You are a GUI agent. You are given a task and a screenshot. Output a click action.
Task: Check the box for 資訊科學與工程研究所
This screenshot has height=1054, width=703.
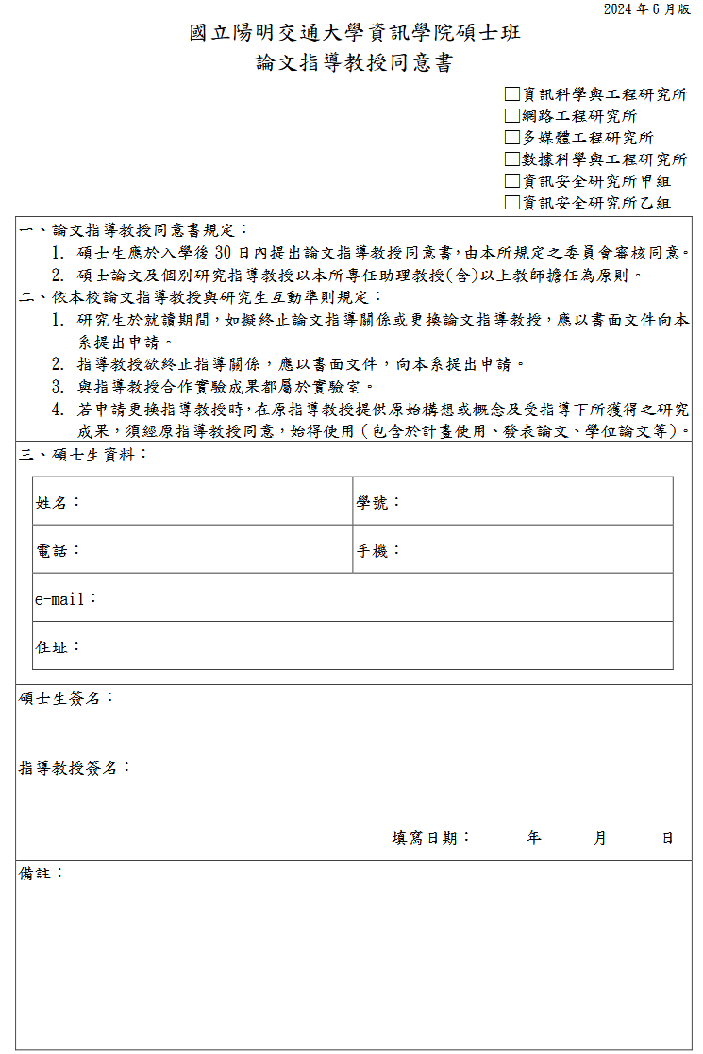click(512, 94)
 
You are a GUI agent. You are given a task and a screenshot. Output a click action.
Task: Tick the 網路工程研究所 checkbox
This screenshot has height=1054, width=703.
click(512, 116)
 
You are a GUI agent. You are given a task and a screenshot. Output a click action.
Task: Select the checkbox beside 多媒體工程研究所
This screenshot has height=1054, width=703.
click(512, 138)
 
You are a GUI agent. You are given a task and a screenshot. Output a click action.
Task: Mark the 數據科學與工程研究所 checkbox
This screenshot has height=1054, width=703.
click(512, 159)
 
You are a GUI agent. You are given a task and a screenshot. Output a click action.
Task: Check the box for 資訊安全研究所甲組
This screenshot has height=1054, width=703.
click(512, 181)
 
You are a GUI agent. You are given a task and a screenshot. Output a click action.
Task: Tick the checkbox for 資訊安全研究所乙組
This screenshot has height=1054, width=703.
click(512, 203)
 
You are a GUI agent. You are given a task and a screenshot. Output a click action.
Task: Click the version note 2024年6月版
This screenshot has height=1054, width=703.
click(646, 9)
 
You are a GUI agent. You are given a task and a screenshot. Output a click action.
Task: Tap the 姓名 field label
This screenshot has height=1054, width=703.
click(52, 503)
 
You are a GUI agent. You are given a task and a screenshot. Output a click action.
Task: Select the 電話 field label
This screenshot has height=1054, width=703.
click(52, 551)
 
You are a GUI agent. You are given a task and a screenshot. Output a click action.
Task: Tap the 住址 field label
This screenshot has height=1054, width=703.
click(52, 647)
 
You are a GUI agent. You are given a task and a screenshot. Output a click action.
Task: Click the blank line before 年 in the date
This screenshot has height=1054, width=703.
click(500, 838)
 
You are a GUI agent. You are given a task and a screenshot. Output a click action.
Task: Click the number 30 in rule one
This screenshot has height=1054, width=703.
click(225, 253)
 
